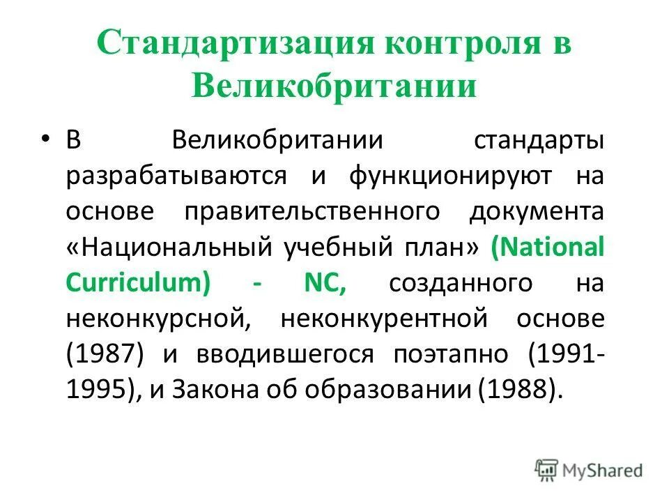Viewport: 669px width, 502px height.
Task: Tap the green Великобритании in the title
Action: point(334,87)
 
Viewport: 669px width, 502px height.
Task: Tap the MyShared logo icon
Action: point(547,469)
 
